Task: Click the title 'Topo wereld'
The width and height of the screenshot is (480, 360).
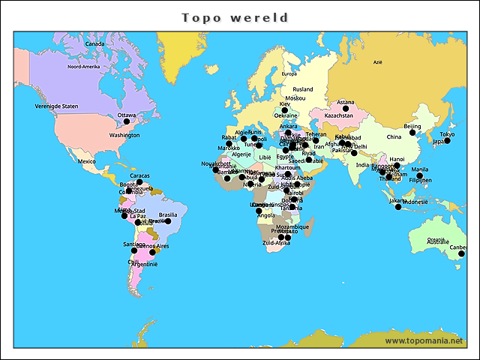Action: coord(235,16)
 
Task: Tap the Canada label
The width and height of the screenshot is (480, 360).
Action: coord(94,43)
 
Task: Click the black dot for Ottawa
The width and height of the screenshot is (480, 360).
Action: coord(127,121)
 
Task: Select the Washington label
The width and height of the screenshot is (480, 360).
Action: coord(124,135)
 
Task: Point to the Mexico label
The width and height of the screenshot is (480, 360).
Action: coord(88,161)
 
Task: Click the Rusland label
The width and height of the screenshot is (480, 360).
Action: coord(303,89)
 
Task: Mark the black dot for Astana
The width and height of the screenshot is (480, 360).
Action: coord(346,109)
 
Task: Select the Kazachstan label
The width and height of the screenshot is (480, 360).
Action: coord(339,116)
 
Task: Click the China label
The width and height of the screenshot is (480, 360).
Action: coord(394,137)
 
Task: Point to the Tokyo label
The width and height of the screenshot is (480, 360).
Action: coord(447,134)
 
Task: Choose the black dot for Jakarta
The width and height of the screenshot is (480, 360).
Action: coord(398,206)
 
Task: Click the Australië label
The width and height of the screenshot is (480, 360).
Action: coord(438,242)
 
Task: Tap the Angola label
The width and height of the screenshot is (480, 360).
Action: coord(265,215)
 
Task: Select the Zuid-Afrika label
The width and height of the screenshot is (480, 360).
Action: coord(277,243)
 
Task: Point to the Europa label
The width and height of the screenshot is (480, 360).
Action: coord(289,73)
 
